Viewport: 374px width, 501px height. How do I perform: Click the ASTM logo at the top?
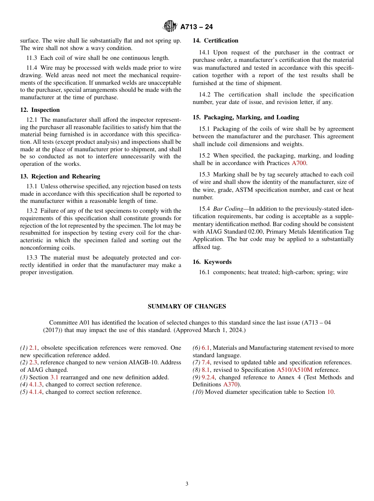170,26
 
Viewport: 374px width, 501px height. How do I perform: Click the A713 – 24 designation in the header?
196,27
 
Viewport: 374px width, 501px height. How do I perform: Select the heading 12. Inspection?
40,110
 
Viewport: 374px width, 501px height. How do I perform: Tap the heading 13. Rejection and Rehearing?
60,176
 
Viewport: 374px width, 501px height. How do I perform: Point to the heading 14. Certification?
215,41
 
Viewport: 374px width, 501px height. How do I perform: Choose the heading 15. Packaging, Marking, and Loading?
246,117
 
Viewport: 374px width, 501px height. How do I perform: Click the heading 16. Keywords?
212,262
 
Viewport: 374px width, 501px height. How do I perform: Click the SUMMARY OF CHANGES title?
187,306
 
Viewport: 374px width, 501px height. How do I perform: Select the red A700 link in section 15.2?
299,163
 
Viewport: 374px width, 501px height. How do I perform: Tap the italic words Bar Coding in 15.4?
228,209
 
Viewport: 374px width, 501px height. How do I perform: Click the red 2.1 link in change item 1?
33,348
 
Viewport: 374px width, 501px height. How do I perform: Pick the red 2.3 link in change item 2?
33,362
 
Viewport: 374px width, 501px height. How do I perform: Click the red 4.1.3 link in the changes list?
36,384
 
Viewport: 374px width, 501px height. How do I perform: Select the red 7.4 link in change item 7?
206,362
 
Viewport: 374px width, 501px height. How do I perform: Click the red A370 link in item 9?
230,384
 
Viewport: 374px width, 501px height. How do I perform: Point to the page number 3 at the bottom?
187,484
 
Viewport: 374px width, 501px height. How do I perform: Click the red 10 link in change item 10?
330,392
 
